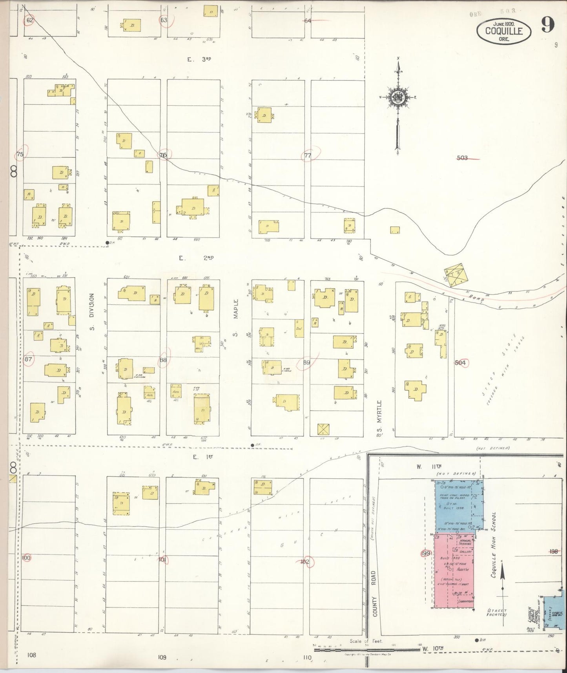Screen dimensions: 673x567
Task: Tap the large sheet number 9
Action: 547,26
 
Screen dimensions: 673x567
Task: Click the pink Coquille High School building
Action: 453,565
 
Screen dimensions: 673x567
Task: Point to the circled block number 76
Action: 163,155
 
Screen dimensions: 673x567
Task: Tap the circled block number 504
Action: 460,363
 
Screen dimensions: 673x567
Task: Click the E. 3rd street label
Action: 199,59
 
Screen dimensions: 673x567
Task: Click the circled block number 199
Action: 426,554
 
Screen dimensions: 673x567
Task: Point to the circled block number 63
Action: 164,20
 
